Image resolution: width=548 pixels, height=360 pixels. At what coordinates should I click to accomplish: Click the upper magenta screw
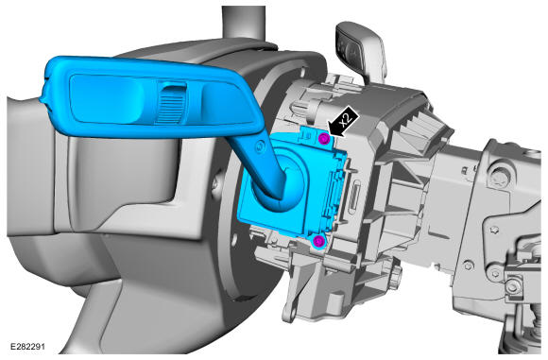[324, 139]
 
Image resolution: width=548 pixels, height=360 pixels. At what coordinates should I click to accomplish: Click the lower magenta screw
[318, 241]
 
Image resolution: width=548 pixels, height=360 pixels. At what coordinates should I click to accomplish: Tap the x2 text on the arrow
[346, 120]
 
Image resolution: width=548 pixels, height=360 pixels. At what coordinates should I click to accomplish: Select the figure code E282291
[28, 347]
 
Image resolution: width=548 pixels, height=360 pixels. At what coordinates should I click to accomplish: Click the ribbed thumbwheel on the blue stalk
[170, 103]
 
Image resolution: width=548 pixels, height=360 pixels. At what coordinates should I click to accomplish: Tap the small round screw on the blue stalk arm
[260, 146]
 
